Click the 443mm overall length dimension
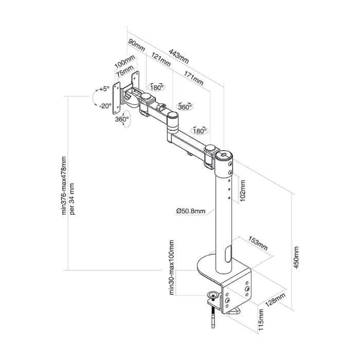(178, 56)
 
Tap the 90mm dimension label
(136, 45)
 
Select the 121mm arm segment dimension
(160, 60)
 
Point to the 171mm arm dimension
(193, 78)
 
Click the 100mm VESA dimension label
(124, 62)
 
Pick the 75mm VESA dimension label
(124, 71)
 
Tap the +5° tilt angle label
(104, 89)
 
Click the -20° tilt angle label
(105, 106)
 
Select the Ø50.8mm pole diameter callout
(191, 211)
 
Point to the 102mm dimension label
(242, 191)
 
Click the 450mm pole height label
(296, 257)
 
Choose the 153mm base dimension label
(258, 243)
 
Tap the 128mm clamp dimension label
(275, 300)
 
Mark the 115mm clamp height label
(261, 320)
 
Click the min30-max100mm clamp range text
(171, 267)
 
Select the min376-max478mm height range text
(64, 186)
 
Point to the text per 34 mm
(72, 199)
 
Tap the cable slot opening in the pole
(228, 254)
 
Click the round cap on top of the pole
(224, 155)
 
